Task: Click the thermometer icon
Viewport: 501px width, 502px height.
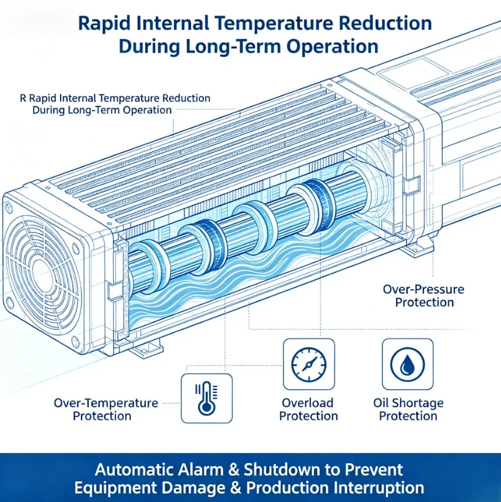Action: [206, 398]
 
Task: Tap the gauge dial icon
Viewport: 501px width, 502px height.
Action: [309, 364]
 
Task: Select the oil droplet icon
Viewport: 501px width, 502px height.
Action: [408, 364]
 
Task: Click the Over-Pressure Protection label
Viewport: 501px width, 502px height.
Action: [423, 296]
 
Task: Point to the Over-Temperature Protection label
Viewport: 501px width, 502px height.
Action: [106, 409]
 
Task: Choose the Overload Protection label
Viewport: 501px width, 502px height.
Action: [309, 409]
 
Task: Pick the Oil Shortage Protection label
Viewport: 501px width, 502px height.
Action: [408, 409]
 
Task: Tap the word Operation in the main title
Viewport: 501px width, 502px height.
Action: [332, 47]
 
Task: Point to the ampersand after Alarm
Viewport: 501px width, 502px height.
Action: [233, 470]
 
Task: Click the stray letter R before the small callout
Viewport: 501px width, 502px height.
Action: [23, 98]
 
